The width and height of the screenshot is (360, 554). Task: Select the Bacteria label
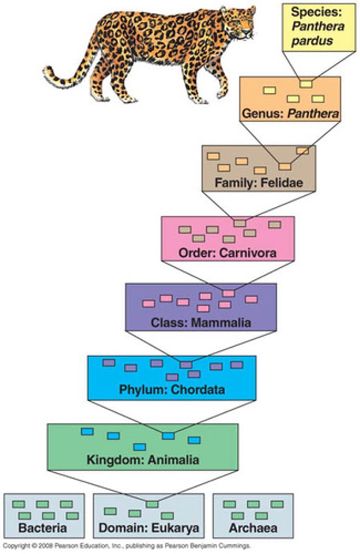coord(43,528)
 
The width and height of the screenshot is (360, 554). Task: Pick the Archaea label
coord(252,528)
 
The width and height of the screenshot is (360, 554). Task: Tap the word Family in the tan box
coord(232,183)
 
